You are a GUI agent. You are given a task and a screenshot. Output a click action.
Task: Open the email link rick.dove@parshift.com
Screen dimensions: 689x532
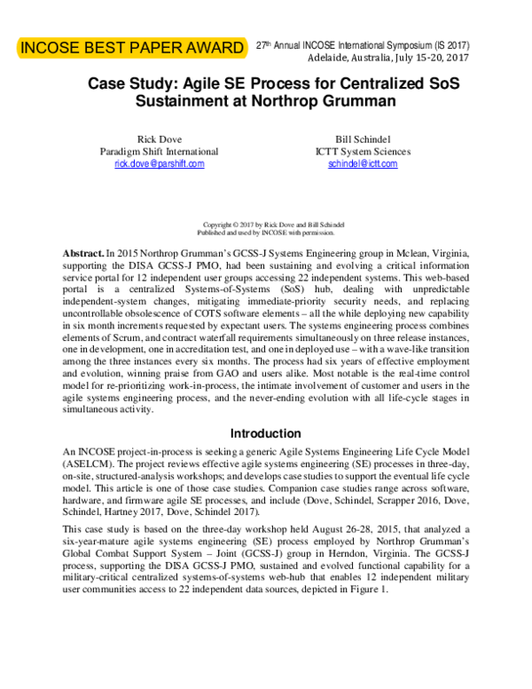coord(153,164)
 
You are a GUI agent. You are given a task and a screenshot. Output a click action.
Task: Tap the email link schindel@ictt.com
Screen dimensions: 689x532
coord(356,164)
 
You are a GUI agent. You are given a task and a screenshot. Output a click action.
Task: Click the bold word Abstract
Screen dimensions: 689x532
coord(83,252)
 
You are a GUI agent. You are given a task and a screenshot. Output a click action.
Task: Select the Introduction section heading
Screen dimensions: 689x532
coord(266,433)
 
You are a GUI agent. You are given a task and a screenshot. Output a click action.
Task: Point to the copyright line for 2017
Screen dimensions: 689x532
coord(266,225)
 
